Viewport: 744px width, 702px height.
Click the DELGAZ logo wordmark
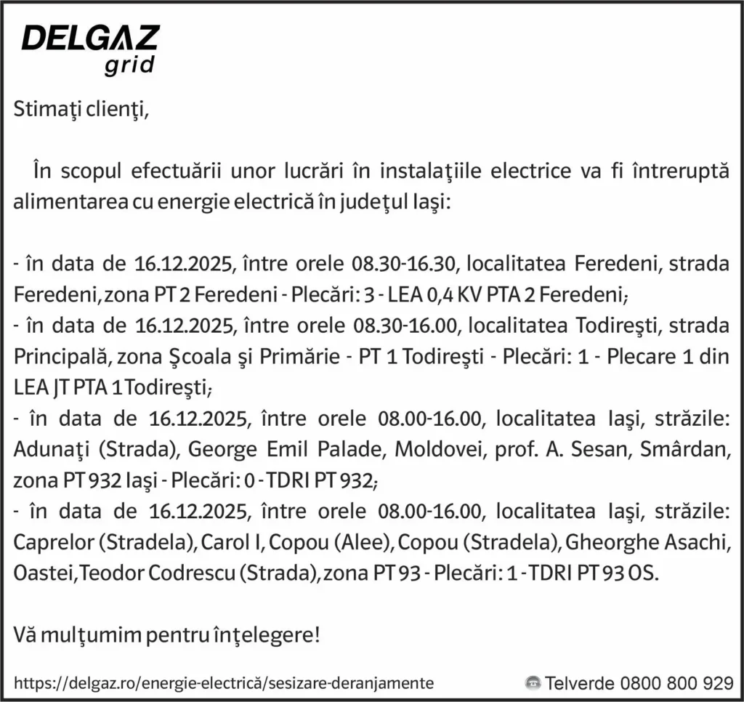(x=90, y=38)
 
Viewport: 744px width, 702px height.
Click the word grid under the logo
(x=130, y=66)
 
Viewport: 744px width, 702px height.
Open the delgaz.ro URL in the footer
(x=224, y=683)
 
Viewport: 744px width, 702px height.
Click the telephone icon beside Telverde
(x=533, y=683)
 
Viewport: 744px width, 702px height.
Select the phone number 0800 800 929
(x=676, y=683)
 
